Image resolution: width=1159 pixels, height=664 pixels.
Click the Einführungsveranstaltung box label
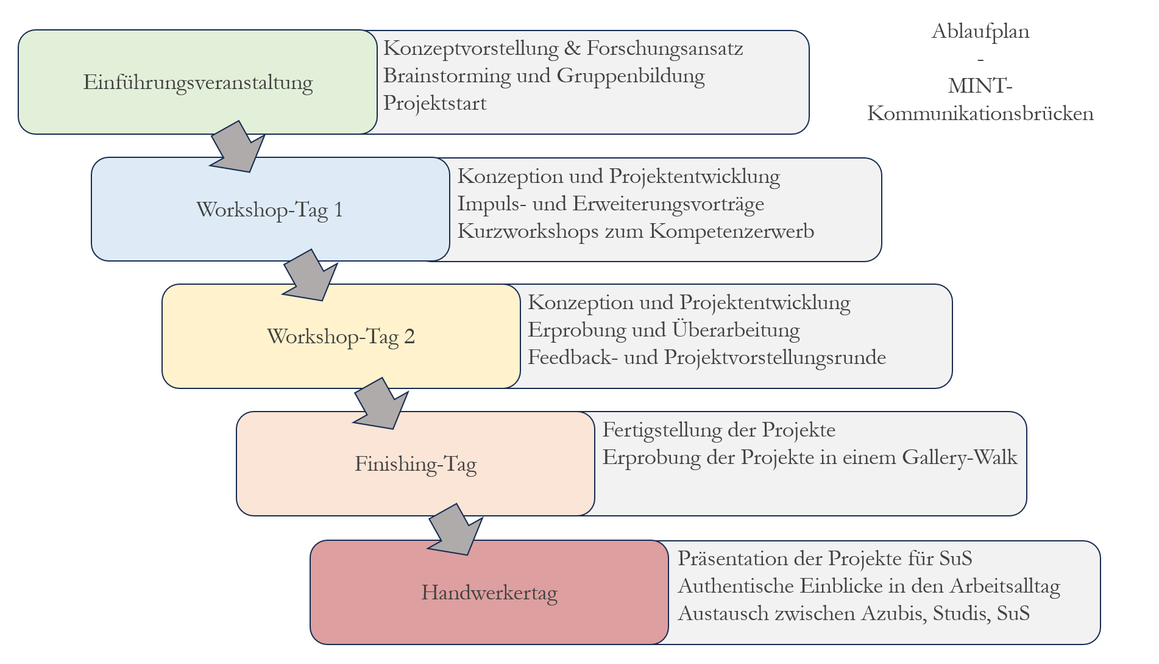click(197, 82)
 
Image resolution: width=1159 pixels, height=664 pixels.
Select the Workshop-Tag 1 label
click(269, 210)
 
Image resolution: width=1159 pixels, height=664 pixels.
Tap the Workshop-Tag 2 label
click(341, 337)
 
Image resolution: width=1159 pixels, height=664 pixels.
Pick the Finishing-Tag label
click(416, 464)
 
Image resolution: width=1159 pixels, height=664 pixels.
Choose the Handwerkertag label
click(489, 593)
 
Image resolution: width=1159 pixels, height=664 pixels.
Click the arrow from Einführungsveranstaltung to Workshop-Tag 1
click(238, 147)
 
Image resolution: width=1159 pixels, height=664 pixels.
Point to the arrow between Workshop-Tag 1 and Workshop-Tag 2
click(311, 276)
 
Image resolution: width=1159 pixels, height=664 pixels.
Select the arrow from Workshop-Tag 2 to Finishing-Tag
click(381, 404)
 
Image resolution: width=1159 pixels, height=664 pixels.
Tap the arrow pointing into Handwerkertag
click(456, 530)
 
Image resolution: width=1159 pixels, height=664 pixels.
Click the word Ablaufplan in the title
click(980, 31)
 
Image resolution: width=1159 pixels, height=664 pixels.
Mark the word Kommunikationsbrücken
click(980, 113)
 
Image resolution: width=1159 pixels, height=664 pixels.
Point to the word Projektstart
click(434, 103)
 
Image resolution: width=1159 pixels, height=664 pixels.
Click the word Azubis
click(891, 613)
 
